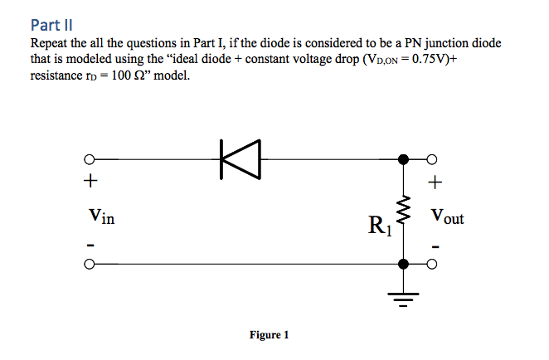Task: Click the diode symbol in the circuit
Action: pos(240,158)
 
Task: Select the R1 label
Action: pos(381,224)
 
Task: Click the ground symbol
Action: pos(404,298)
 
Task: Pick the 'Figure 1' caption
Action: pos(270,335)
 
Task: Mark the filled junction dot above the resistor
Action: pos(404,158)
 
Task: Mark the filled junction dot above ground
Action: pos(404,265)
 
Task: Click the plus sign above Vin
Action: pos(90,180)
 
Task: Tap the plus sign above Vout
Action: pos(436,180)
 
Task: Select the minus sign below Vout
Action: pos(436,246)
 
